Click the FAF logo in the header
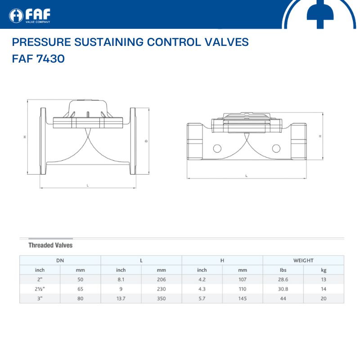[x=30, y=16]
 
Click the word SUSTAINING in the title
[x=109, y=42]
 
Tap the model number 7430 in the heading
[x=50, y=58]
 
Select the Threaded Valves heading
[x=50, y=245]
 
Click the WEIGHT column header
[x=303, y=261]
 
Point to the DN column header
[x=60, y=261]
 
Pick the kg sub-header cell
[x=324, y=270]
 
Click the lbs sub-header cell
[x=283, y=270]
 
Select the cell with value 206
[x=162, y=279]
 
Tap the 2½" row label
[x=40, y=289]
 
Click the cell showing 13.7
[x=121, y=298]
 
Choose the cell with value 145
[x=243, y=298]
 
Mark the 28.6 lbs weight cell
[x=283, y=279]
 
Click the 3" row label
[x=40, y=298]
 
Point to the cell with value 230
[x=162, y=289]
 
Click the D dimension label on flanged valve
[x=146, y=141]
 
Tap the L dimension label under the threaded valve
[x=246, y=176]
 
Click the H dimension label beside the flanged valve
[x=25, y=137]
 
